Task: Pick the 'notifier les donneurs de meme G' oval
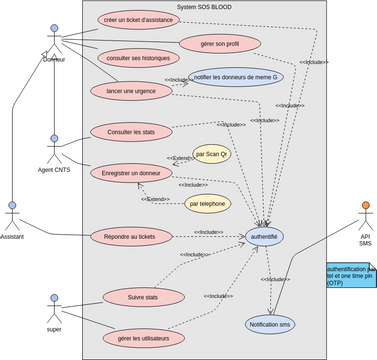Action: (234, 77)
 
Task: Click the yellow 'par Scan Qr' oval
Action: (212, 154)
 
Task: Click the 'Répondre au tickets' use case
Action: (130, 237)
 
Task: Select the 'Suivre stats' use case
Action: (144, 297)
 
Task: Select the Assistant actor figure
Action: (13, 216)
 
